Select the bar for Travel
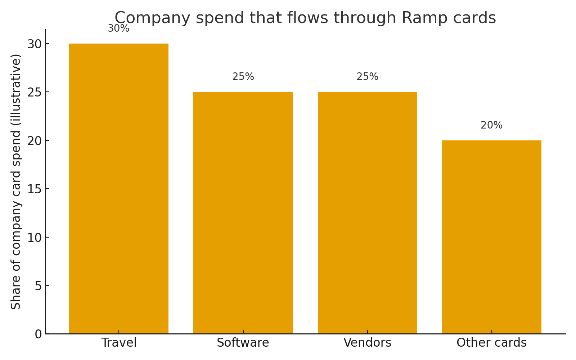[x=118, y=189]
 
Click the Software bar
[x=243, y=213]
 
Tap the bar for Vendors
[x=367, y=213]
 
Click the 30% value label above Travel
[x=118, y=28]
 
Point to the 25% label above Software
[x=243, y=77]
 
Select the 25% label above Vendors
[x=367, y=77]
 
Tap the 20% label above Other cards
[x=491, y=125]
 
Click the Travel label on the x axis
[x=119, y=343]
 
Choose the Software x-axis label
[x=243, y=343]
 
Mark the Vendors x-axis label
[x=367, y=343]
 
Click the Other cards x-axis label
[x=491, y=343]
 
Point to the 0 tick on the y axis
[x=38, y=334]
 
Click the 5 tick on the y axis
[x=38, y=286]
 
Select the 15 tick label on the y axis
[x=35, y=189]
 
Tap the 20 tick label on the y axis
[x=35, y=141]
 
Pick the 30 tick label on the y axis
[x=35, y=44]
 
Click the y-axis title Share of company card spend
[x=16, y=181]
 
